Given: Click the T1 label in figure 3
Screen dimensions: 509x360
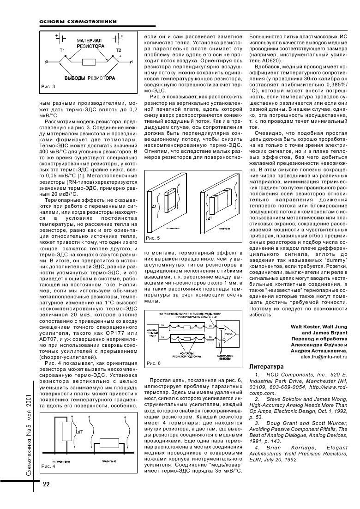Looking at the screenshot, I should (x=62, y=49).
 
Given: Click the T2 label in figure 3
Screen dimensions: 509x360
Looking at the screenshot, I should (x=118, y=49).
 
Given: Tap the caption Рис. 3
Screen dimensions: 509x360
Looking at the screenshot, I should (x=48, y=86).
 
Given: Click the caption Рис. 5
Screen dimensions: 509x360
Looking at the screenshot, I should (x=153, y=238).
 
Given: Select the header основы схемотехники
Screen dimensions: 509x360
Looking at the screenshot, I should (x=76, y=22).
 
